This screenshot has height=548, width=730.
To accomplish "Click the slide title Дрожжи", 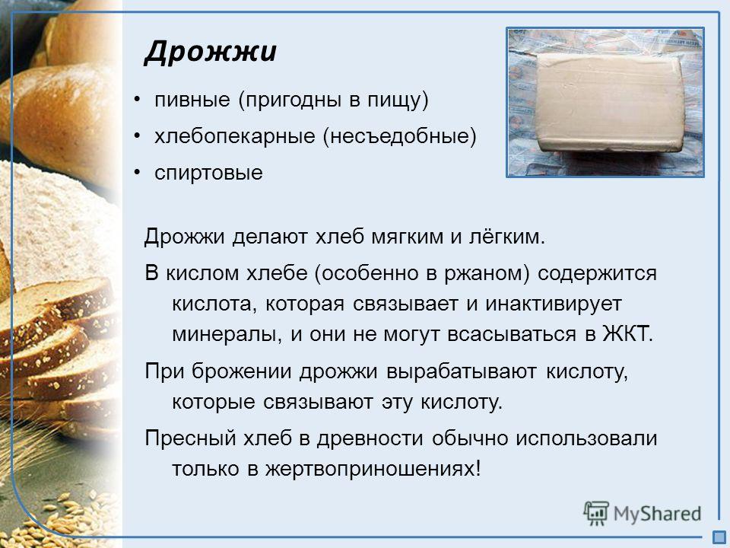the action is point(211,52).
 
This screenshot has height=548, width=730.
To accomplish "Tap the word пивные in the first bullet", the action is point(192,100).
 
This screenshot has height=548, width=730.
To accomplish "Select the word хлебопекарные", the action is point(235,136).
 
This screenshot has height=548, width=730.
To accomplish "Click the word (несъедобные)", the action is point(400,136).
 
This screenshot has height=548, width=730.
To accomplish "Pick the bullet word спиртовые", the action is point(208,174).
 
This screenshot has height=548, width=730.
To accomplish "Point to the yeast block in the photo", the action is point(606,102).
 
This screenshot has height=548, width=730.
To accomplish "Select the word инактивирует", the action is point(554,304).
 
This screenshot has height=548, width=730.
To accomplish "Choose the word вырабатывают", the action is point(462,372).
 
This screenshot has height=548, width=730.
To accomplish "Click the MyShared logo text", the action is point(657,514).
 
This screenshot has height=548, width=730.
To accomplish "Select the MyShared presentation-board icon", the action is point(596,513).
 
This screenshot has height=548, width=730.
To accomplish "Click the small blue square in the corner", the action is point(719,537).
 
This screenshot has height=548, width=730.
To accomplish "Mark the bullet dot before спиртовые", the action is point(137,173).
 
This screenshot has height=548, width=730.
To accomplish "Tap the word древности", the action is point(370,439).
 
